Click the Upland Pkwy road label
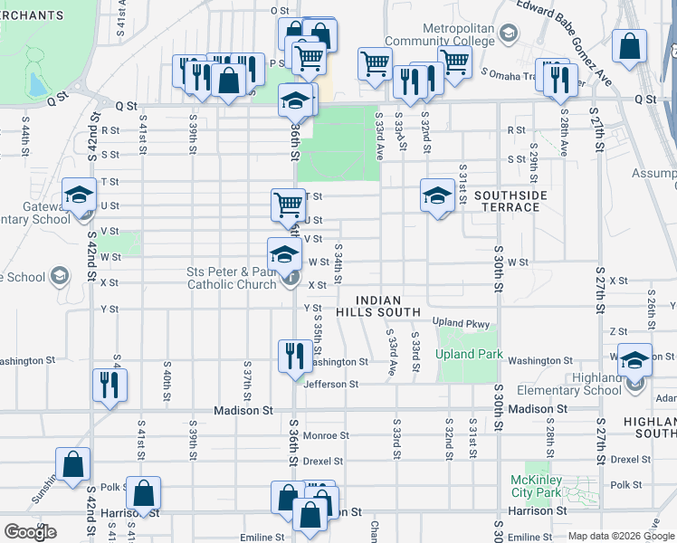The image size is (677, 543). [x=461, y=322]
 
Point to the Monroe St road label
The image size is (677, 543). [x=326, y=435]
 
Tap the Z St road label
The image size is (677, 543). [x=618, y=332]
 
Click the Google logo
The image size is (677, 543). [x=30, y=532]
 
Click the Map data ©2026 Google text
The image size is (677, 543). [x=621, y=537]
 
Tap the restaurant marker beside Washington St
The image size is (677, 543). [x=293, y=356]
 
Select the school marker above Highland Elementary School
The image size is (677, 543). [x=634, y=359]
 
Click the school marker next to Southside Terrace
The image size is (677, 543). [x=437, y=195]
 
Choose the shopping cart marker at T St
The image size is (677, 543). [x=288, y=205]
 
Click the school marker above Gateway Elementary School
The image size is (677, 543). [x=79, y=195]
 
